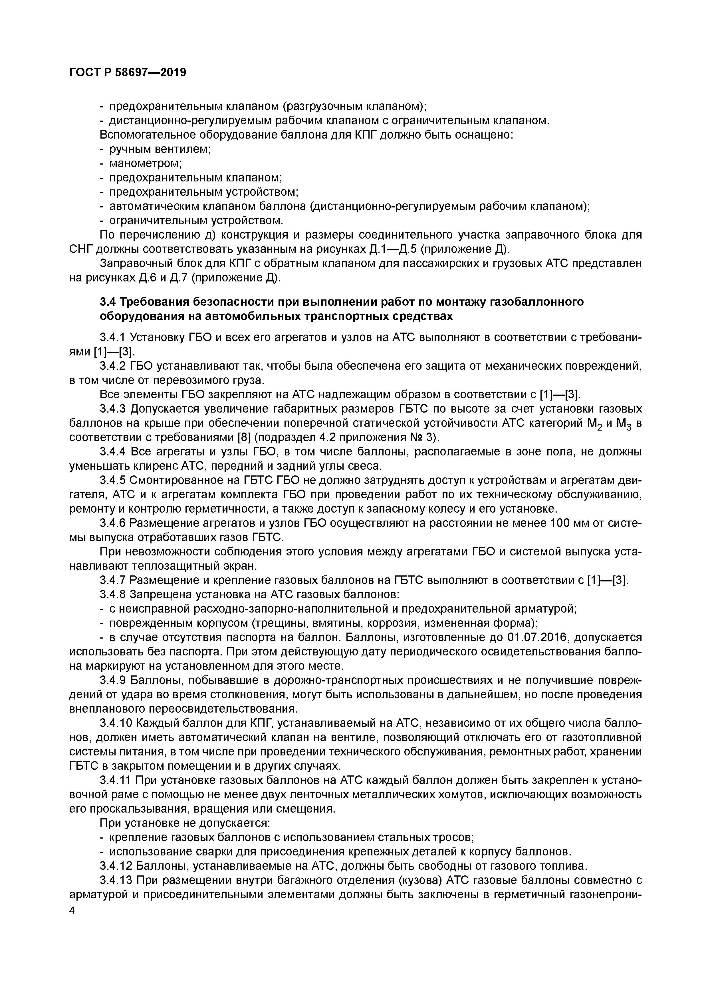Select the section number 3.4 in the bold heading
(108, 301)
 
